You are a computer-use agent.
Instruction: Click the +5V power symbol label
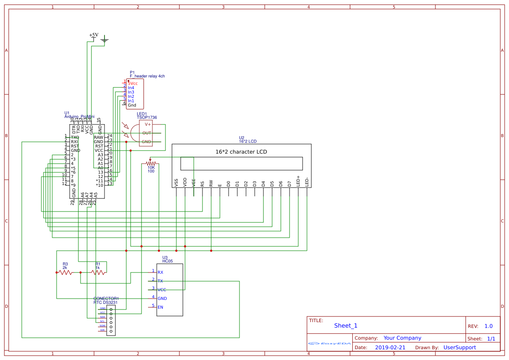(x=94, y=35)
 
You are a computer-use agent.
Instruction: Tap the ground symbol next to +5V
(x=104, y=41)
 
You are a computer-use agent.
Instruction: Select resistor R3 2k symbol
(x=65, y=273)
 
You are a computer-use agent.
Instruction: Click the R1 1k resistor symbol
(x=98, y=273)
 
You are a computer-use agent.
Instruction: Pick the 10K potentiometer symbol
(x=151, y=163)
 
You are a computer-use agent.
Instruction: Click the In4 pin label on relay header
(x=131, y=88)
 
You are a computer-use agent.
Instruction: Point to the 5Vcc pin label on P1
(x=133, y=83)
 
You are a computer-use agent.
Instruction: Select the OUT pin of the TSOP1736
(x=147, y=133)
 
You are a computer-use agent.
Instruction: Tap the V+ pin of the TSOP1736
(x=148, y=124)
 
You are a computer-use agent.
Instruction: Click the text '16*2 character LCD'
(x=241, y=152)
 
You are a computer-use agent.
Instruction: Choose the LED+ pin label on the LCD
(x=298, y=181)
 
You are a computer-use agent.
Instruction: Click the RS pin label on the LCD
(x=202, y=184)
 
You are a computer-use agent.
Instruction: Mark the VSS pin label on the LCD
(x=176, y=183)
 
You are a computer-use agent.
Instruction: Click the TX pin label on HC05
(x=160, y=281)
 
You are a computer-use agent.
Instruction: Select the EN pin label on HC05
(x=160, y=307)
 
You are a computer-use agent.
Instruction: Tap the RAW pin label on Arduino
(x=98, y=138)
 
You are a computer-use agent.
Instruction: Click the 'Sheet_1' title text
(x=346, y=326)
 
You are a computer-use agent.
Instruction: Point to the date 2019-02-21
(x=390, y=347)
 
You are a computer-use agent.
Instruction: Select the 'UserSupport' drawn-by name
(x=459, y=347)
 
